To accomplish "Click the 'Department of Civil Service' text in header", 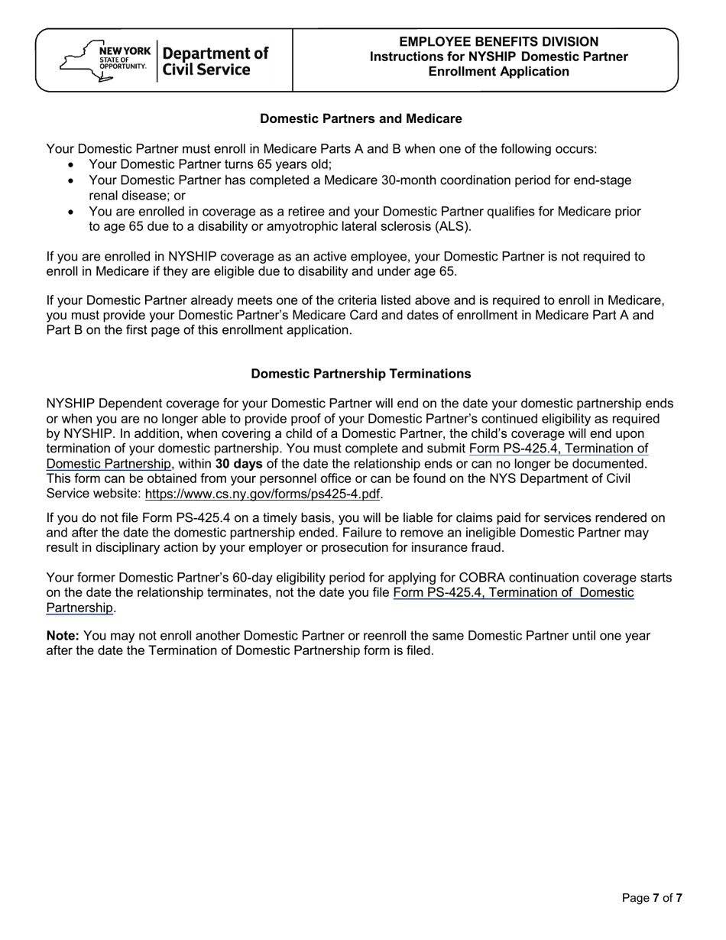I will tap(216, 61).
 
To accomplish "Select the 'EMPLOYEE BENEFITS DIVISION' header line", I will tap(498, 42).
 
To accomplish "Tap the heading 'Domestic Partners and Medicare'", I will tap(361, 118).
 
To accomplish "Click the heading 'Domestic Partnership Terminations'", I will tap(361, 374).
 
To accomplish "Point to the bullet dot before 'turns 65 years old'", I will tap(72, 165).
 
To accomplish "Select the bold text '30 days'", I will tap(239, 464).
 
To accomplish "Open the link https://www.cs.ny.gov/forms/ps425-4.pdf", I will tap(262, 494).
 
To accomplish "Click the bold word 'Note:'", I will tap(63, 635).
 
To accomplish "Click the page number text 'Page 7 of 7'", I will tap(652, 898).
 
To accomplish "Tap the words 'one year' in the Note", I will tap(625, 635).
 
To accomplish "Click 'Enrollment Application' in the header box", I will tap(498, 72).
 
